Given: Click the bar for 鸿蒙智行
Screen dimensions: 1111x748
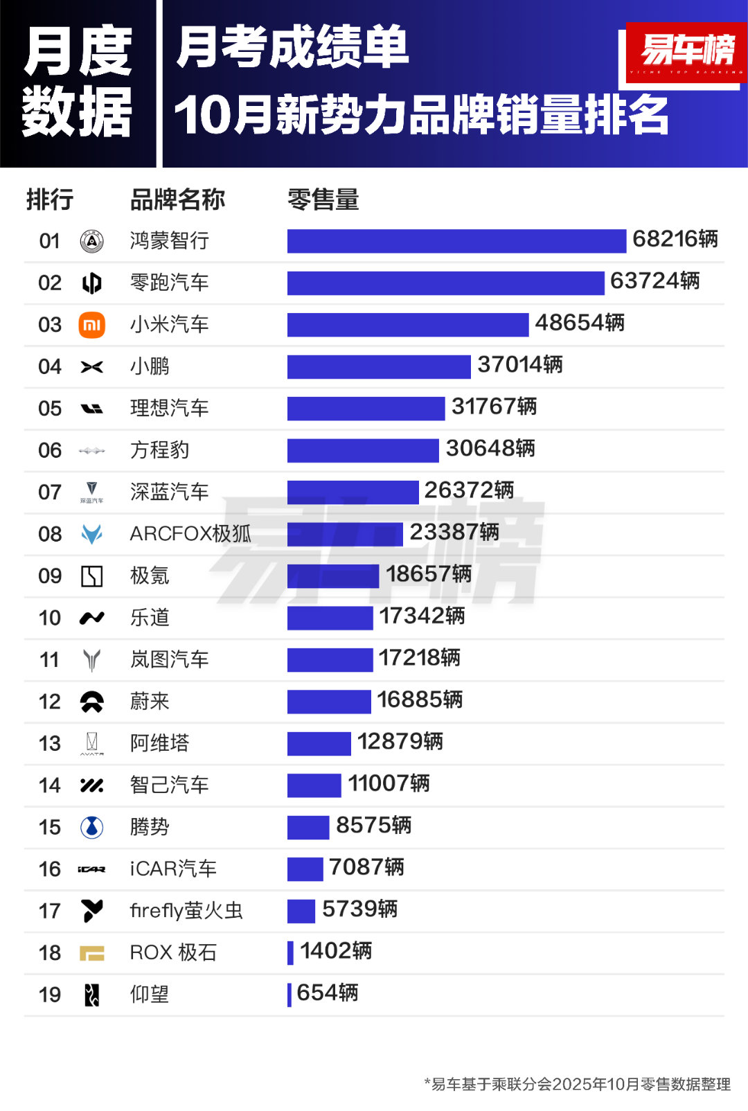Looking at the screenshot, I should [x=456, y=241].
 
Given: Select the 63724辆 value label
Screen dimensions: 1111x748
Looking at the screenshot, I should [x=654, y=281].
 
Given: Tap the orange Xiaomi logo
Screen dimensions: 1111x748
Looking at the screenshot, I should [x=92, y=325].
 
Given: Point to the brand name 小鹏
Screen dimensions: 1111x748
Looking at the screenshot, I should [x=150, y=366].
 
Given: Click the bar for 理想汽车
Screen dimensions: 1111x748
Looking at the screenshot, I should [x=366, y=409].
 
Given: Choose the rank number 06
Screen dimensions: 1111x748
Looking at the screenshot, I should [x=50, y=450].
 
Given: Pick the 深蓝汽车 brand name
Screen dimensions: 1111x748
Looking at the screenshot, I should [x=169, y=492].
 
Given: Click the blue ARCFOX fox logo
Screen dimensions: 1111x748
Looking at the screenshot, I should [x=92, y=534].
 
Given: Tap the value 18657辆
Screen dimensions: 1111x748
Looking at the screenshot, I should [x=428, y=574].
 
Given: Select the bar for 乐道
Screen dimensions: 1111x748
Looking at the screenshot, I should [x=330, y=618].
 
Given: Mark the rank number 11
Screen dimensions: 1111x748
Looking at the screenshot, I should [x=50, y=660].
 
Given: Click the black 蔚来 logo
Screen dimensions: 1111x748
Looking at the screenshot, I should [x=92, y=702].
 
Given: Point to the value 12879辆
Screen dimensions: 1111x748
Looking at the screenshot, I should [x=400, y=742].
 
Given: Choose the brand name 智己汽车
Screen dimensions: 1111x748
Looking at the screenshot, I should [x=169, y=785].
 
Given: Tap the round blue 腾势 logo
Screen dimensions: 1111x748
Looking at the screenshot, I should [x=92, y=827].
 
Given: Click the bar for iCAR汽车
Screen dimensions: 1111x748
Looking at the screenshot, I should [x=305, y=869].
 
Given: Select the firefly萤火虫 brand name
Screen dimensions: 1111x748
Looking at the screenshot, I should [x=186, y=911].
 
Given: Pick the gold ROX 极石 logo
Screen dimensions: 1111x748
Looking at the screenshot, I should [x=92, y=953].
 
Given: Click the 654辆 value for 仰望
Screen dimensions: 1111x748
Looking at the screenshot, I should [x=327, y=993].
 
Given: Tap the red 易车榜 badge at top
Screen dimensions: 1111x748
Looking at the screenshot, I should [x=686, y=52].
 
